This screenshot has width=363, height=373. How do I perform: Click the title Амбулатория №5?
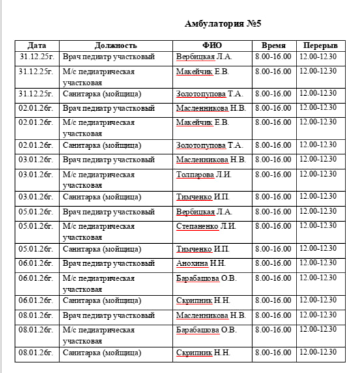pyautogui.click(x=223, y=24)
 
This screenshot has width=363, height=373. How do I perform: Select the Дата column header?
pyautogui.click(x=37, y=46)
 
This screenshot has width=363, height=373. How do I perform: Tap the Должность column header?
pyautogui.click(x=116, y=46)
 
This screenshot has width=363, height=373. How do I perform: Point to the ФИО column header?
pyautogui.click(x=212, y=46)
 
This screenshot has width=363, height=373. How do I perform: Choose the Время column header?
pyautogui.click(x=273, y=46)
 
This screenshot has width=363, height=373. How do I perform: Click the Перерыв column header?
pyautogui.click(x=319, y=46)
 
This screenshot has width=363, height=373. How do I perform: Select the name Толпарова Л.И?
pyautogui.click(x=203, y=175)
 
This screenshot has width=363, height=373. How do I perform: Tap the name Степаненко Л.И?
pyautogui.click(x=207, y=226)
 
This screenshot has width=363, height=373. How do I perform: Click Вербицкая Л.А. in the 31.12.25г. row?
pyautogui.click(x=204, y=57)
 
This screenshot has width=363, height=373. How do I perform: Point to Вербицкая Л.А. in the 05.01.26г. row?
pyautogui.click(x=204, y=212)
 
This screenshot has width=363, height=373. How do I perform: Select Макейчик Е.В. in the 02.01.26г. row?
pyautogui.click(x=202, y=122)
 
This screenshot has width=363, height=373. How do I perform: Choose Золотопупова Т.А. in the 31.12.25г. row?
pyautogui.click(x=209, y=94)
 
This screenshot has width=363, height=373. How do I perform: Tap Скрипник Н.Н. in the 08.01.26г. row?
pyautogui.click(x=203, y=353)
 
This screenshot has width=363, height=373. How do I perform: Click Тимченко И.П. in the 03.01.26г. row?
pyautogui.click(x=203, y=197)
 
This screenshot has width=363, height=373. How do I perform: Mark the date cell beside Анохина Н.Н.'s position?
pyautogui.click(x=36, y=263)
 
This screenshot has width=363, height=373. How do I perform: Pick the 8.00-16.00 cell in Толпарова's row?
pyautogui.click(x=273, y=175)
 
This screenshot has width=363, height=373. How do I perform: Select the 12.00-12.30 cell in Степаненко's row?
pyautogui.click(x=318, y=226)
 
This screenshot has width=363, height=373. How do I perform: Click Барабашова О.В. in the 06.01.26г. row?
pyautogui.click(x=206, y=278)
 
